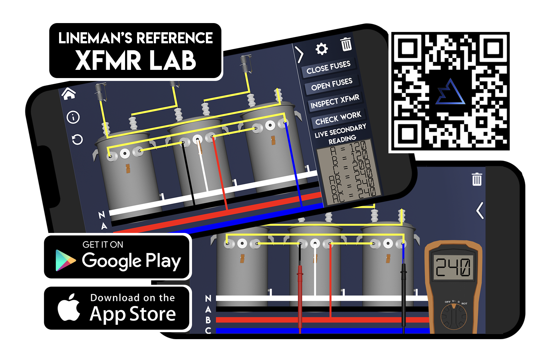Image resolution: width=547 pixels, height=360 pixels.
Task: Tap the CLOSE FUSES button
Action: (328, 67)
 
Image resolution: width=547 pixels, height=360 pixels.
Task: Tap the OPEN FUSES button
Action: (332, 84)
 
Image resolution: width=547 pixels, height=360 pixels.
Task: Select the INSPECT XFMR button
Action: (335, 101)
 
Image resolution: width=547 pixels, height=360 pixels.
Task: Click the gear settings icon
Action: (322, 49)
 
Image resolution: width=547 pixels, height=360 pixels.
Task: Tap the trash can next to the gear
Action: (346, 44)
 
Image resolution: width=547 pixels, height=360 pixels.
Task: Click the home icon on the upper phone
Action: (69, 94)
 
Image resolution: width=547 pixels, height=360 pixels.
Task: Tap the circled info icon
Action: (73, 117)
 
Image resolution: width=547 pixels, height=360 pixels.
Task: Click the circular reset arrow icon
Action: (77, 139)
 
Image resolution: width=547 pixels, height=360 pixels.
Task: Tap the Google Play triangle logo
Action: (65, 260)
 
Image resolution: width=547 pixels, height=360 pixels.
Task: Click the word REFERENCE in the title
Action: (175, 38)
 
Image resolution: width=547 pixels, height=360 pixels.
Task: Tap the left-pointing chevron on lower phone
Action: (480, 211)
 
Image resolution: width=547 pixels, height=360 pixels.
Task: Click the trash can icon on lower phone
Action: (477, 179)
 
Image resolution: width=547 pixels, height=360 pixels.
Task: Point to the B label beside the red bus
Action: (208, 320)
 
